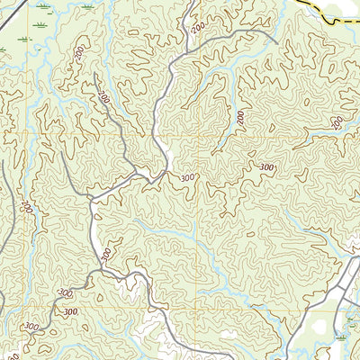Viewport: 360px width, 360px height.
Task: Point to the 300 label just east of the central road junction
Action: (186, 178)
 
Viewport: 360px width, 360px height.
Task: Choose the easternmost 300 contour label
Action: (267, 167)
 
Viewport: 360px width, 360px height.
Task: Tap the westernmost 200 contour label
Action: (27, 208)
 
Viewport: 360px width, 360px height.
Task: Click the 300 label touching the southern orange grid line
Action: (33, 326)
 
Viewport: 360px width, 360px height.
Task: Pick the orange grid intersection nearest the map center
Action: (195, 134)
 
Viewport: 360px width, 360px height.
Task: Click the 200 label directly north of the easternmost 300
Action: (241, 118)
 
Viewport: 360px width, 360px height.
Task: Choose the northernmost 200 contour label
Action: (195, 30)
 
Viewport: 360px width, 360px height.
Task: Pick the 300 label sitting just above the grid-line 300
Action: (65, 293)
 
